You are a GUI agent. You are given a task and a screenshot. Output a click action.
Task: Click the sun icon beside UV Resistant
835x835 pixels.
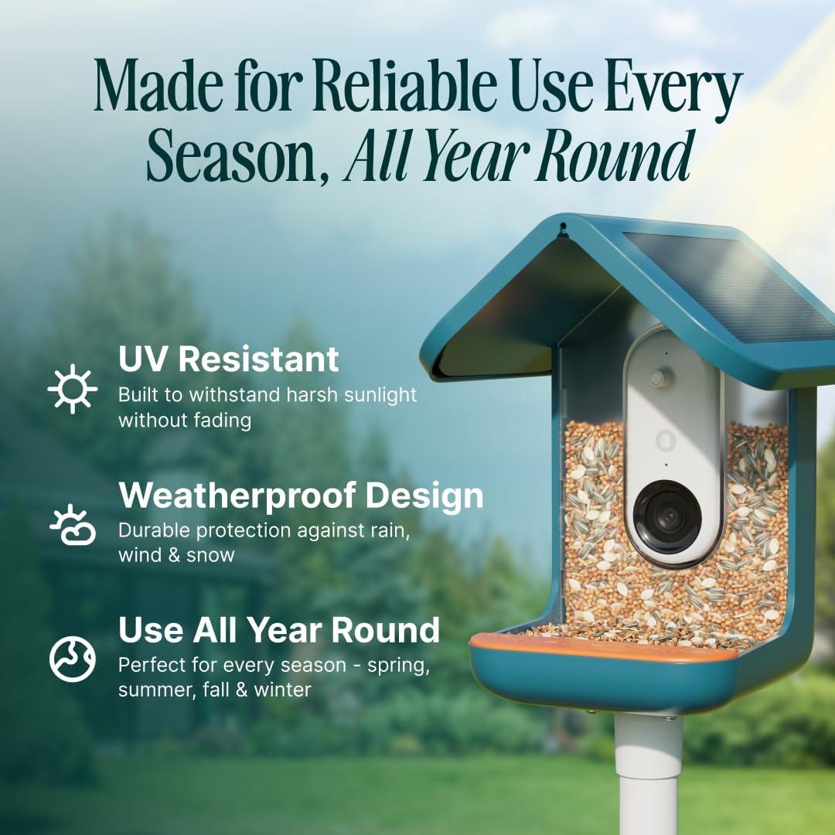pyautogui.click(x=73, y=388)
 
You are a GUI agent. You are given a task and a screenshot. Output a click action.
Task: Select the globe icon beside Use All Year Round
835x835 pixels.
pyautogui.click(x=73, y=658)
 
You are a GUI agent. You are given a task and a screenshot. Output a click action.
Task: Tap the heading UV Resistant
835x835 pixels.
pyautogui.click(x=228, y=360)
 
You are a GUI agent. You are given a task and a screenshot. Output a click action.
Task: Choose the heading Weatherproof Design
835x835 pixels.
pyautogui.click(x=301, y=496)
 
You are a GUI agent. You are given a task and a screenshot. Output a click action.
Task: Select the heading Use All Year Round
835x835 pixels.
pyautogui.click(x=278, y=630)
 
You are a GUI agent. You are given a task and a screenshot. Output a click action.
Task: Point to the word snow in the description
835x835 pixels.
pyautogui.click(x=210, y=554)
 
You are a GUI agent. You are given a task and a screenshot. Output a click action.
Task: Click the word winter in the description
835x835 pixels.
pyautogui.click(x=284, y=688)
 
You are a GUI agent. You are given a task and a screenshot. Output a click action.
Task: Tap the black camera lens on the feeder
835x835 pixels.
pyautogui.click(x=667, y=516)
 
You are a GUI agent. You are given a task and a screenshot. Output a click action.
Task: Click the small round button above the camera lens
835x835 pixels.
pyautogui.click(x=658, y=378)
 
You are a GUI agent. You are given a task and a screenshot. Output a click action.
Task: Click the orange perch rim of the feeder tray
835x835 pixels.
pyautogui.click(x=603, y=648)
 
